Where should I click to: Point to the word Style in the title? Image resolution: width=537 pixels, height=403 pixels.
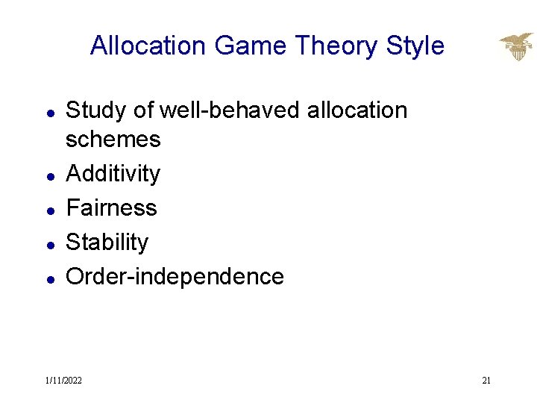tap(415, 46)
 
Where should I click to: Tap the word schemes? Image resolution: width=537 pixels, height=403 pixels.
tap(113, 140)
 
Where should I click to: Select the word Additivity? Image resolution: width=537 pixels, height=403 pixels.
tap(113, 174)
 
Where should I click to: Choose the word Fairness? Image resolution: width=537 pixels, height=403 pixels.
tap(112, 207)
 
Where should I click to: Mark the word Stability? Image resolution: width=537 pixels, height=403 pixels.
tap(107, 242)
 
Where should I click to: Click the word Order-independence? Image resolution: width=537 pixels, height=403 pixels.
tap(175, 276)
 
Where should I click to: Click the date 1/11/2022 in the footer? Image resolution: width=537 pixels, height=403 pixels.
tap(63, 381)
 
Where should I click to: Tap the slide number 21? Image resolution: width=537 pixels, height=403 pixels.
tap(486, 381)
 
